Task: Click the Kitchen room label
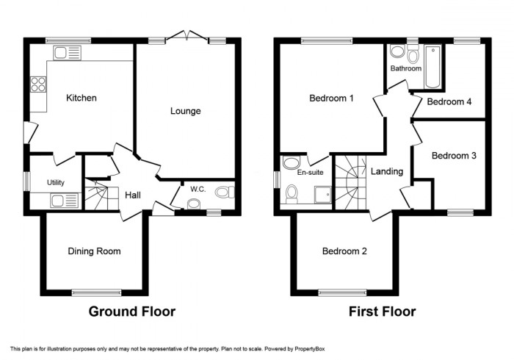[x=82, y=98]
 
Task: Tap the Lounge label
[x=186, y=111]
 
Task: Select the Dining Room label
[x=94, y=251]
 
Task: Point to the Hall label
[x=133, y=195]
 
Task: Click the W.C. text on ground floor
[x=198, y=189]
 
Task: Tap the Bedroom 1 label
[x=331, y=98]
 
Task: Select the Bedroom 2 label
[x=345, y=251]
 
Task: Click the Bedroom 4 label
[x=449, y=102]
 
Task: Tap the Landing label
[x=386, y=172]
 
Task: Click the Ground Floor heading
[x=132, y=312]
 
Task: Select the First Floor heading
[x=382, y=312]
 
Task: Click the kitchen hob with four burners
[x=37, y=84]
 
